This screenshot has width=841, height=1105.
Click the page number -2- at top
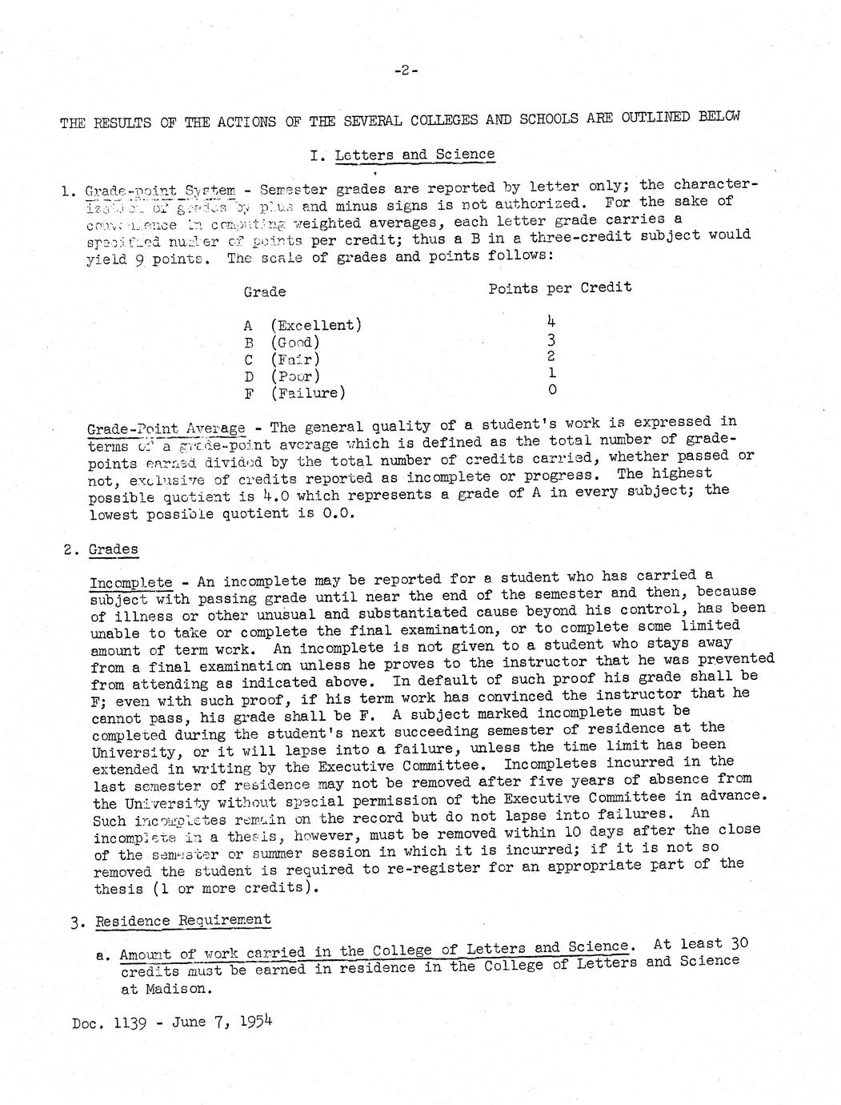[x=406, y=70]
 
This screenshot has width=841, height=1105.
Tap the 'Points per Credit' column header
[x=559, y=287]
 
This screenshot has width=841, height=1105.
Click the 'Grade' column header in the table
[x=265, y=292]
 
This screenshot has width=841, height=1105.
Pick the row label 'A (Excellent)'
[x=302, y=325]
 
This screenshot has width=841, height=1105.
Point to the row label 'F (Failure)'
[x=294, y=392]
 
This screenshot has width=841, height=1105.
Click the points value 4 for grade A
[x=551, y=320]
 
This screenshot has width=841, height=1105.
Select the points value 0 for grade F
[x=551, y=390]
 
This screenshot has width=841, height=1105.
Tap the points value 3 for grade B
[x=551, y=339]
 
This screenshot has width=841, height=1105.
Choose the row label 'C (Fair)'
[x=282, y=359]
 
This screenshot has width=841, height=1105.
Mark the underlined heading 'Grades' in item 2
[x=113, y=549]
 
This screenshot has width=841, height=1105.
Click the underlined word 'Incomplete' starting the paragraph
[x=131, y=582]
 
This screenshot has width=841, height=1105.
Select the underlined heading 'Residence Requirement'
[x=183, y=920]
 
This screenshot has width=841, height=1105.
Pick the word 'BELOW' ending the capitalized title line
[x=719, y=116]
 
